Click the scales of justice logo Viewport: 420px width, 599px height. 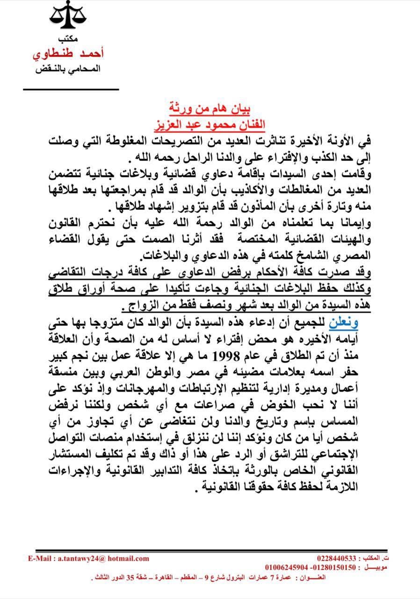tap(69, 16)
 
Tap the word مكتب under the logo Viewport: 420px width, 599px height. tap(68, 39)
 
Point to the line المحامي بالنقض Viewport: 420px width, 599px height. tap(68, 69)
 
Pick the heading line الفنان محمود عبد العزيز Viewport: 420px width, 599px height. tap(209, 124)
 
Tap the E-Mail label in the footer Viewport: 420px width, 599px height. tap(41, 558)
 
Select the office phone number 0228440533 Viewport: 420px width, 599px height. tap(336, 558)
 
